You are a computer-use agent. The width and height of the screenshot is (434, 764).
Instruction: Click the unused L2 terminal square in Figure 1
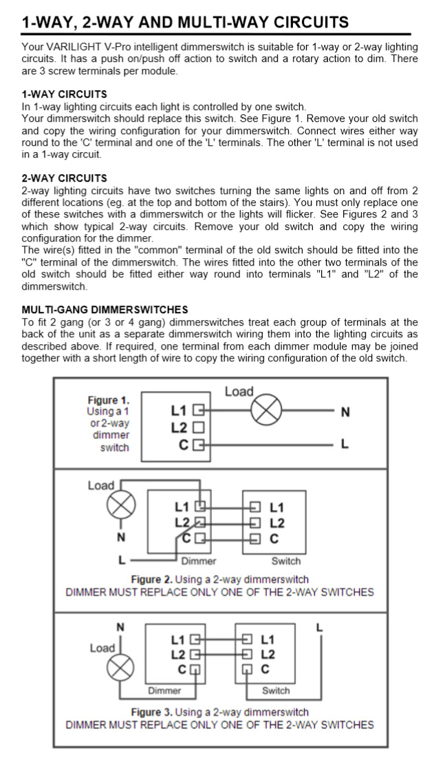199,427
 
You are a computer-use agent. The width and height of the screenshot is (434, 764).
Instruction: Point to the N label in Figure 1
345,412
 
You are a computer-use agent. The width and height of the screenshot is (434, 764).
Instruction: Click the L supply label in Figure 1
345,445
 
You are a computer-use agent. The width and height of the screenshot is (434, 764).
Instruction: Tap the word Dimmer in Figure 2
198,561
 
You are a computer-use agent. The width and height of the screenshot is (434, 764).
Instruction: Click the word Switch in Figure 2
285,561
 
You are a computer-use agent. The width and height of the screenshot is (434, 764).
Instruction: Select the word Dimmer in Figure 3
164,690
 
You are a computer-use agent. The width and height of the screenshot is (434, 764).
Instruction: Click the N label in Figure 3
120,627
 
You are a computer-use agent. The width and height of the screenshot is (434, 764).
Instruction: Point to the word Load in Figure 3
102,648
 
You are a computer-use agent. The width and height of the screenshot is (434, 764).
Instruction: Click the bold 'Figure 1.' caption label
108,400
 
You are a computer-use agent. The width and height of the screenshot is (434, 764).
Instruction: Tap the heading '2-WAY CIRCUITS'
64,178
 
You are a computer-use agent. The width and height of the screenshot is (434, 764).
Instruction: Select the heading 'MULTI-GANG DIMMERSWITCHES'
105,310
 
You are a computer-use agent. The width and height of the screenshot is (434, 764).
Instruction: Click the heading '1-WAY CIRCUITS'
64,94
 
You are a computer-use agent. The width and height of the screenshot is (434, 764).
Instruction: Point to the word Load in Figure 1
239,392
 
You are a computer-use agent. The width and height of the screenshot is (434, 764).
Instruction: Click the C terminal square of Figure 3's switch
246,669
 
